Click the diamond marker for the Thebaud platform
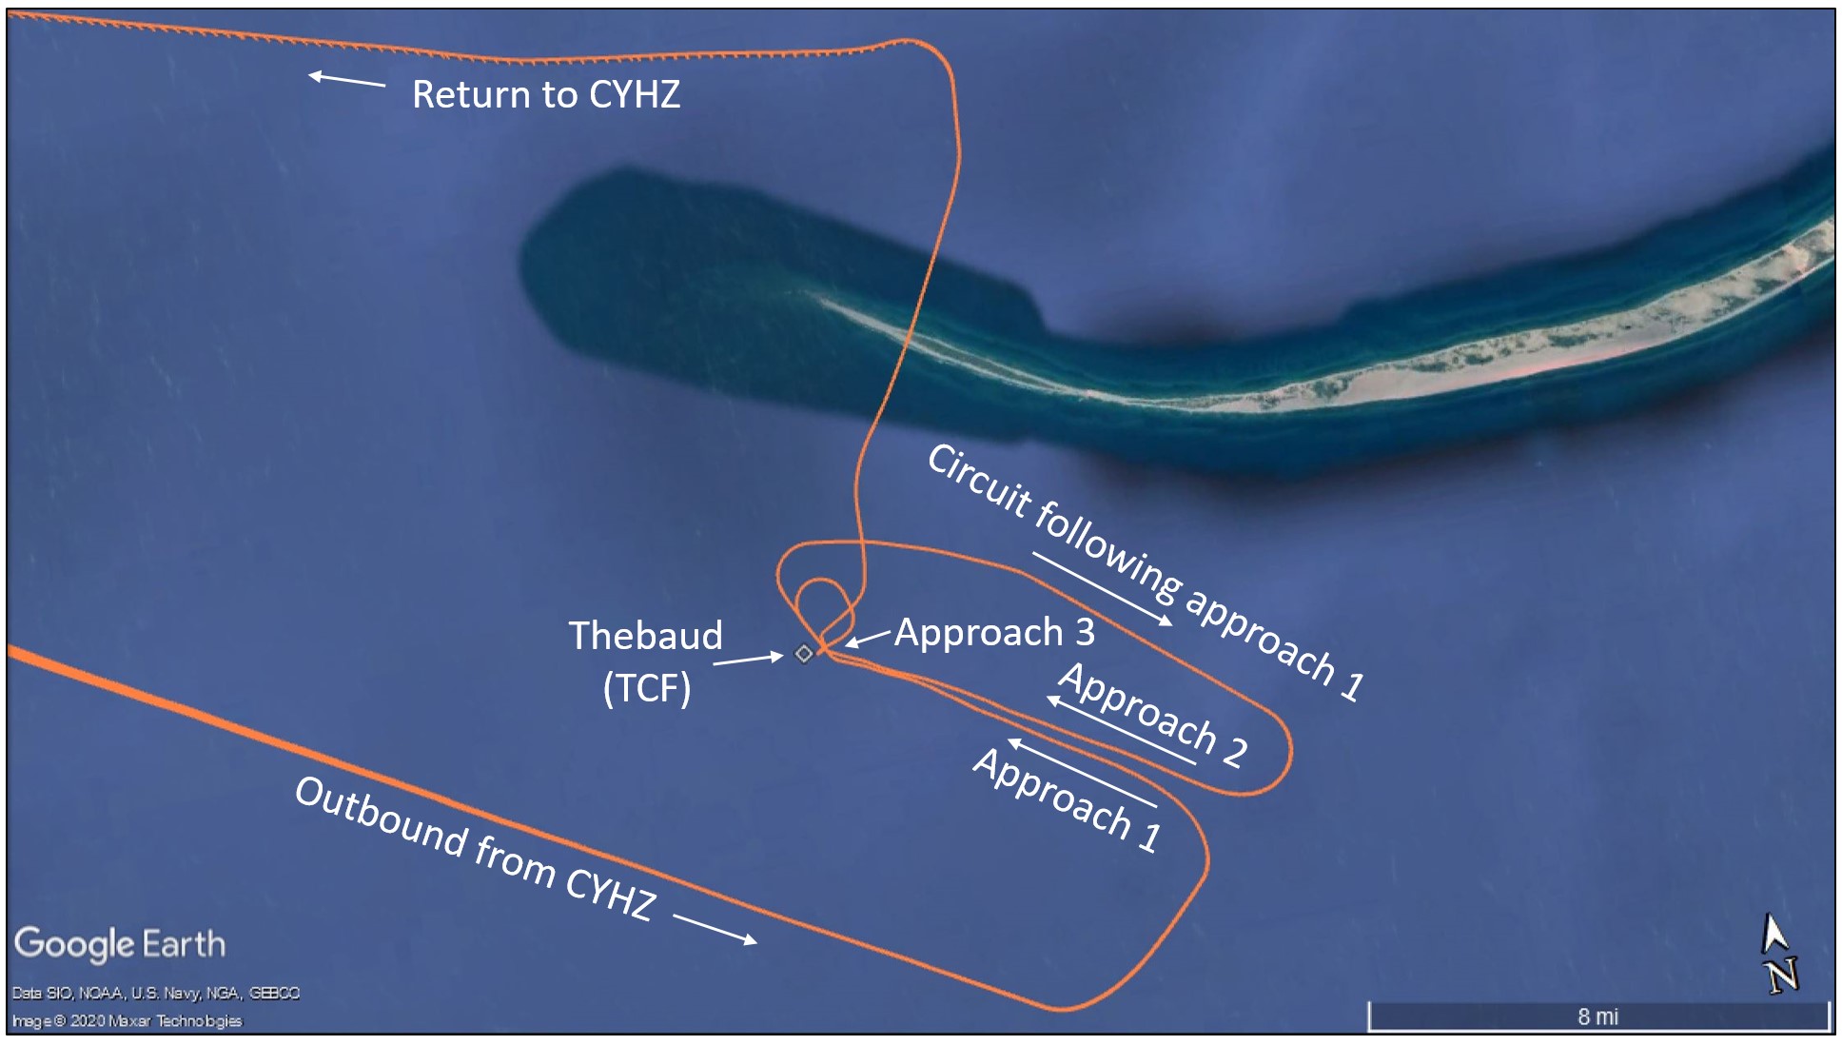(804, 653)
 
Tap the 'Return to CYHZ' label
(546, 94)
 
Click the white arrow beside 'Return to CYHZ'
(347, 80)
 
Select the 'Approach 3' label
(994, 632)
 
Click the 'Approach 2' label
(1152, 715)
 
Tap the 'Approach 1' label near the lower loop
(1067, 799)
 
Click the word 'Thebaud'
(645, 635)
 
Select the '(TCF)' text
(647, 687)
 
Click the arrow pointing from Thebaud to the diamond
(748, 659)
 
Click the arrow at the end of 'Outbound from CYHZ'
(715, 929)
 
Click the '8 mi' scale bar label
(1597, 1016)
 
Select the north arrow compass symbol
(1777, 954)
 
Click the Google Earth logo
(120, 943)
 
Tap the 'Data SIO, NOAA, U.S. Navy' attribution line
(155, 993)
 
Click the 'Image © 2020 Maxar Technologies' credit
(127, 1020)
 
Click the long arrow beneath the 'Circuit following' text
(1102, 588)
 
